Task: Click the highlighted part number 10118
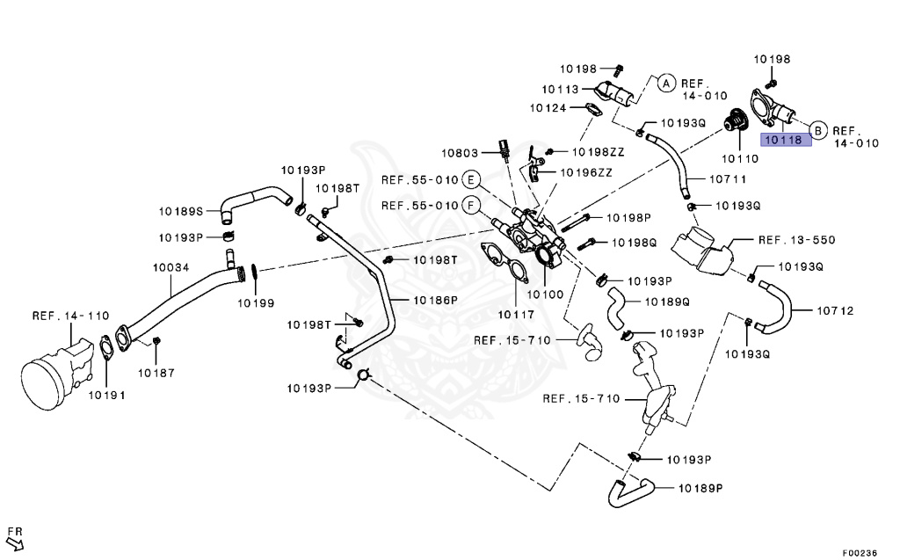[x=783, y=140]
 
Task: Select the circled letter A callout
[x=666, y=84]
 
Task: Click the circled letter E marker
[x=472, y=181]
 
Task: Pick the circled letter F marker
[x=472, y=207]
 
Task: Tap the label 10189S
[x=181, y=211]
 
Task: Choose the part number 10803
[x=460, y=152]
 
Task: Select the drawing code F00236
[x=859, y=553]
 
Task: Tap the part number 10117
[x=517, y=313]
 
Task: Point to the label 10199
[x=255, y=302]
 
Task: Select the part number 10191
[x=106, y=395]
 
